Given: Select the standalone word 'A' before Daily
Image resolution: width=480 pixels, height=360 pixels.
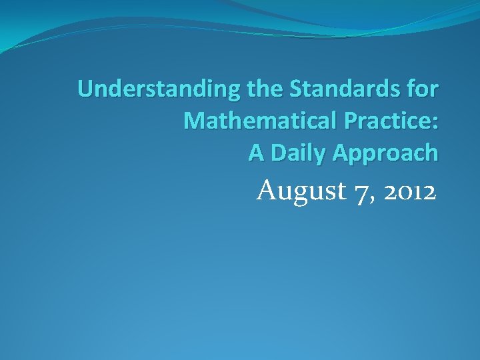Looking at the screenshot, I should tap(257, 153).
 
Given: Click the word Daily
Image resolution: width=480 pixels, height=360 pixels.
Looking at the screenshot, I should tap(295, 154).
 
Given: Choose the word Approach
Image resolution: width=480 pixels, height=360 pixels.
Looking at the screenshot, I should tap(385, 154).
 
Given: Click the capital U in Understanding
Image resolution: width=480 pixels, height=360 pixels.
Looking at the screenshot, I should tap(85, 89).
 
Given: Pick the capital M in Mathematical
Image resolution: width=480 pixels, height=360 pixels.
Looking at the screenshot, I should tap(193, 121).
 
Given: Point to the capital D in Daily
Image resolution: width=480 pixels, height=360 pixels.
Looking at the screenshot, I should tap(275, 153).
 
